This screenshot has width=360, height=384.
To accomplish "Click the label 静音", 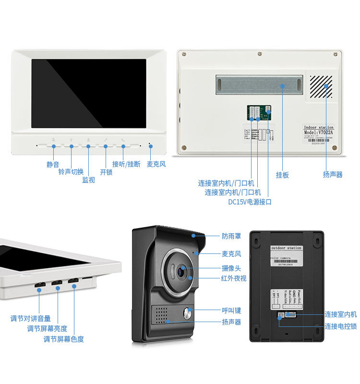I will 53,164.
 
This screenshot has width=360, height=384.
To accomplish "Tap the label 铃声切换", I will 71,172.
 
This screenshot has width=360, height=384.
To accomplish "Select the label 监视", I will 88,180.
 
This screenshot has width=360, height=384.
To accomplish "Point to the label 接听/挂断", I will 126,164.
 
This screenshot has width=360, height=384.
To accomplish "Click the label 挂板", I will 282,175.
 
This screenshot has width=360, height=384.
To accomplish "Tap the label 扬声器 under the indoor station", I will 333,175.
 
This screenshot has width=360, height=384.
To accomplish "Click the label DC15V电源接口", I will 250,202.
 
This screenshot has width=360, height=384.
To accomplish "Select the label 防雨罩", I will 231,236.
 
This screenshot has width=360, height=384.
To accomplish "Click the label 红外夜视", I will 234,278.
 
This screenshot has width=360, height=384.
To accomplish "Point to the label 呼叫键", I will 231,311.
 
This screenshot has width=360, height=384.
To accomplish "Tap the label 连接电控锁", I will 340,326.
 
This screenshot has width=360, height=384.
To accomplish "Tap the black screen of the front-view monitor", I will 89,93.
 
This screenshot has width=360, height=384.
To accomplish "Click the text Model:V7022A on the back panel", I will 318,133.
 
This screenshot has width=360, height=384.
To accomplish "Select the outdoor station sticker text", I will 286,248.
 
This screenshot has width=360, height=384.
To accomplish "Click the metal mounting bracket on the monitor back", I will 259,84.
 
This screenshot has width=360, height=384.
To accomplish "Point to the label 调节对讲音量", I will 31,318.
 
